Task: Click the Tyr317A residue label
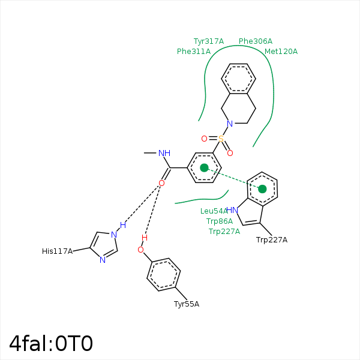coord(208,41)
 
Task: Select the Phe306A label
coord(256,41)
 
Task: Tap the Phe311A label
coord(194,52)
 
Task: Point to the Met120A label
coord(281,52)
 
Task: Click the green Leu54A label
coord(214,211)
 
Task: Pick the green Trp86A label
coord(220,221)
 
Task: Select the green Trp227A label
coord(224,232)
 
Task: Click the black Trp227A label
coord(272,240)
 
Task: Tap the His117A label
coord(57,251)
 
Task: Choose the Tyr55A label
coord(187,304)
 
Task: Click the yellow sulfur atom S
coord(221,139)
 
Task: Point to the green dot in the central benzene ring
coord(204,167)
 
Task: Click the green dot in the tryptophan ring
coord(262,189)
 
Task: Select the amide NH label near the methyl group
coord(165,154)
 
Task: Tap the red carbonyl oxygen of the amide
coord(161,182)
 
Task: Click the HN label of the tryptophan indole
coord(232,210)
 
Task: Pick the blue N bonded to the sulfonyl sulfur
coord(230,124)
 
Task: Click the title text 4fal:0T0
coord(51,343)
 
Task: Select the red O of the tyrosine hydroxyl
coord(141,250)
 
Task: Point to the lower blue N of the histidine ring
coord(103,260)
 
